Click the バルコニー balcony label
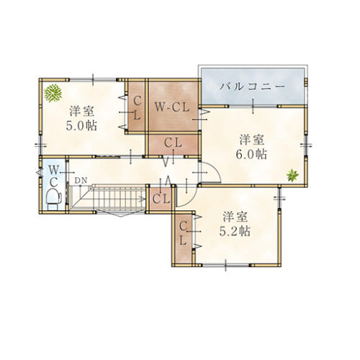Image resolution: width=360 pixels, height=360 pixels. (x=253, y=86)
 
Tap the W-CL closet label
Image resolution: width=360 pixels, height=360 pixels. (x=171, y=107)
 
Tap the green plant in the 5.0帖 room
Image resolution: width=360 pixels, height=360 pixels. (x=52, y=93)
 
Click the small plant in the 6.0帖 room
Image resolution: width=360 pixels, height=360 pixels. (x=292, y=175)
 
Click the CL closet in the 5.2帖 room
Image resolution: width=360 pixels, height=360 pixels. (x=184, y=235)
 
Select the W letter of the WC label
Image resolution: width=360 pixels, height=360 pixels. (x=54, y=170)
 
